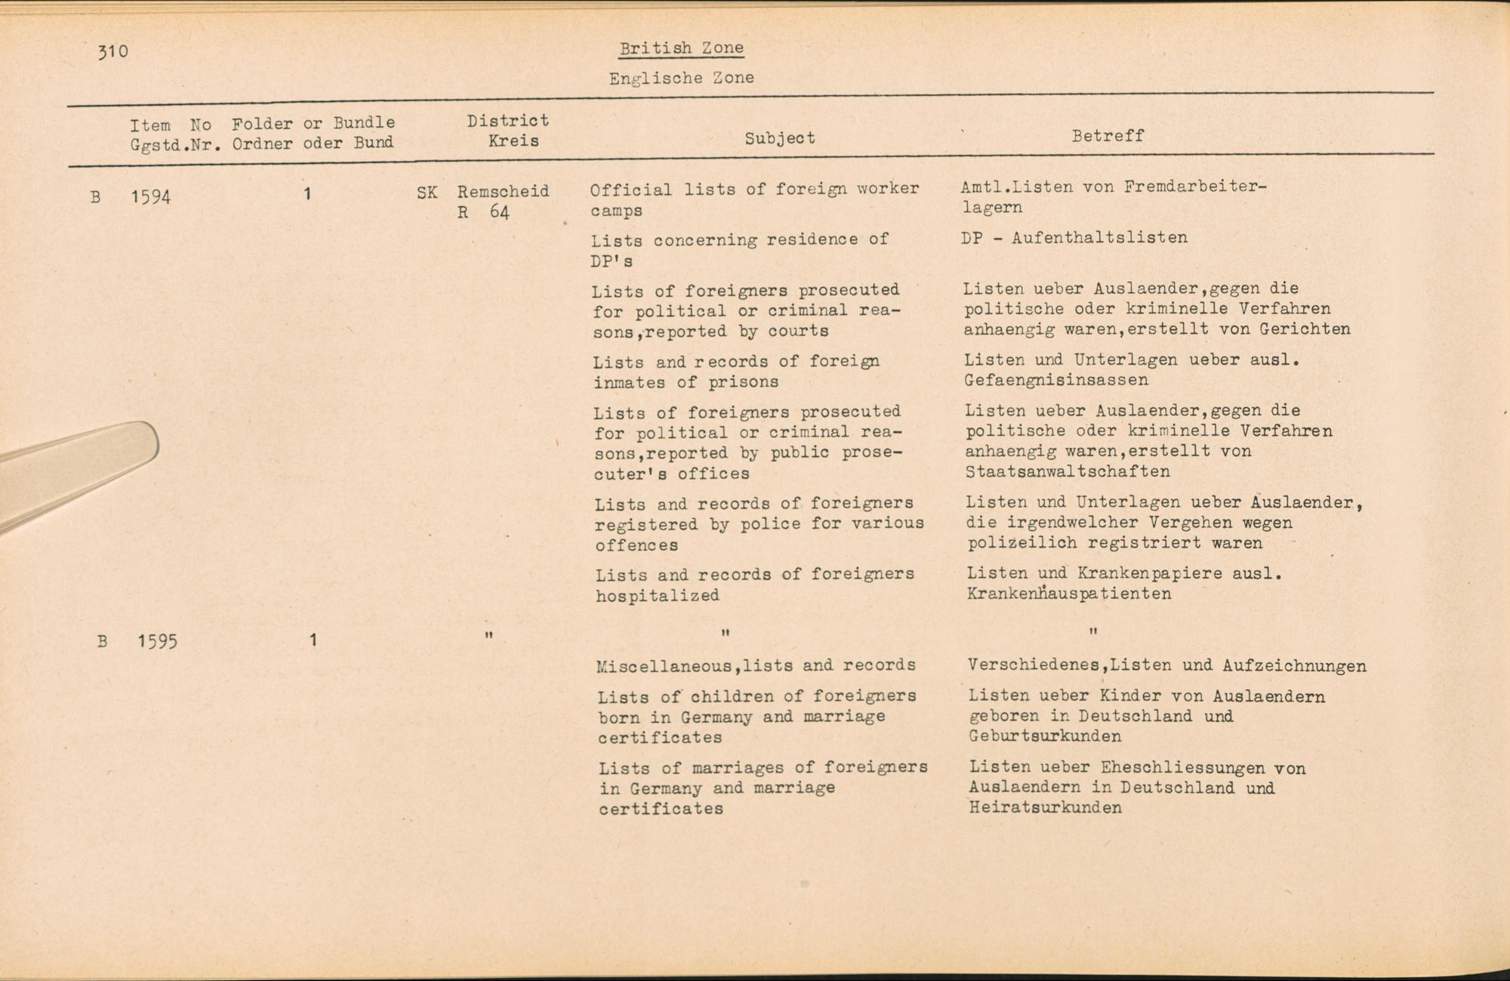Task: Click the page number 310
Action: point(113,51)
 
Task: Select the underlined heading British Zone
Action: point(681,48)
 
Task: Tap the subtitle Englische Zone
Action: point(681,78)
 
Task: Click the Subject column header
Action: point(779,138)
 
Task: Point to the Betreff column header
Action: point(1108,136)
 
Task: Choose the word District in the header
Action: point(507,121)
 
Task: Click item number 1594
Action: point(150,198)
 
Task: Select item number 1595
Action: point(157,642)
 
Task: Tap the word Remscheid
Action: point(503,192)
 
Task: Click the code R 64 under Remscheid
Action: point(483,212)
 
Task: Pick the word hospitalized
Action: point(657,596)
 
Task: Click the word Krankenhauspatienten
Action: point(1068,594)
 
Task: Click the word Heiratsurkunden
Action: point(1045,808)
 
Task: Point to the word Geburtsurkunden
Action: point(1045,736)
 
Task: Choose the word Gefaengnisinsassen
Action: point(1055,381)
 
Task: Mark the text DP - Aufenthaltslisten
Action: point(1074,238)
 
